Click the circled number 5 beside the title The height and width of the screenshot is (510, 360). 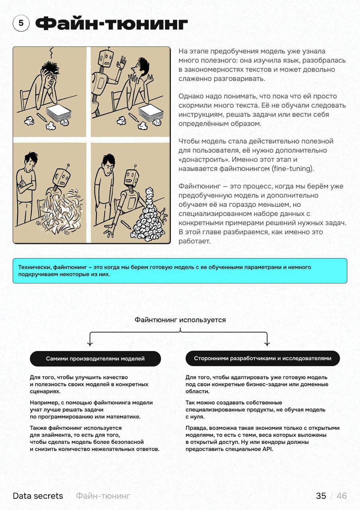point(21,24)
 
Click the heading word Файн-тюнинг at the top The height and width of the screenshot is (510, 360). point(112,24)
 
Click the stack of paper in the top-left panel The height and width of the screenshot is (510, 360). point(59,112)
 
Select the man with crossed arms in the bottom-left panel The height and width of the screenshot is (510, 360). point(26,187)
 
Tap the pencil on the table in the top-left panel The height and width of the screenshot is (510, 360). point(42,117)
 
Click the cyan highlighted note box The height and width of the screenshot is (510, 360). point(180,271)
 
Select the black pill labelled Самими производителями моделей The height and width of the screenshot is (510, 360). point(95,359)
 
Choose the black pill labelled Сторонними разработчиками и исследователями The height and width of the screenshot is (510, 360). point(262,359)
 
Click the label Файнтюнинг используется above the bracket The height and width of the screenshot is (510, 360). point(180,320)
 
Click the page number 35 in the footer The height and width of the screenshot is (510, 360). point(321,496)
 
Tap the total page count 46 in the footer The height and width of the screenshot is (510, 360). point(342,496)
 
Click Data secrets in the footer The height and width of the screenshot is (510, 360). point(38,496)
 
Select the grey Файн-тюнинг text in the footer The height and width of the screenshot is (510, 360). point(103,496)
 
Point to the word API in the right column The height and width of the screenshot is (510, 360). point(268,449)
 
